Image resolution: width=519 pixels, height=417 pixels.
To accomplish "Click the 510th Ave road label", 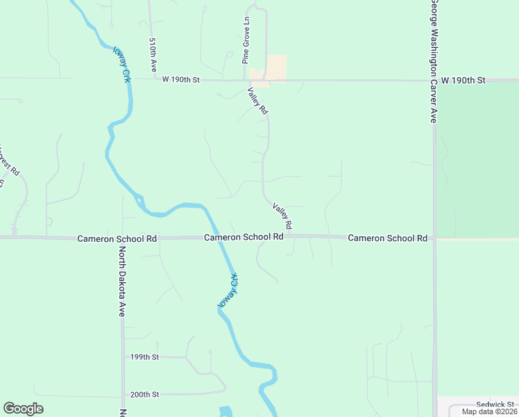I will [x=153, y=55].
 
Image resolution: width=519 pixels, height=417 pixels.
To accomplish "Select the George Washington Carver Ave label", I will [x=432, y=62].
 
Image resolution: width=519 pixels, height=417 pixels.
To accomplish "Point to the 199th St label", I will [x=144, y=357].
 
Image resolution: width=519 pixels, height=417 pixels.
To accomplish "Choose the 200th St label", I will [x=144, y=394].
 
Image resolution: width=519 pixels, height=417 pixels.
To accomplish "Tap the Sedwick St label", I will [x=495, y=404].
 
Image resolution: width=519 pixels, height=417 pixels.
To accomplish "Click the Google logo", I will [x=23, y=409].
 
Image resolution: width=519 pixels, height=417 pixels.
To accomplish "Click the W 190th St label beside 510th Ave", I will [x=180, y=81].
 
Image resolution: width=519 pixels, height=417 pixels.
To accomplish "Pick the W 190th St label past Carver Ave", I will [x=463, y=81].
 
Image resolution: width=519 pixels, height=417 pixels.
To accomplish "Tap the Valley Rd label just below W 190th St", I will [x=257, y=101].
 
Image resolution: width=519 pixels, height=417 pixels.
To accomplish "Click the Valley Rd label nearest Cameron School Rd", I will [x=282, y=216].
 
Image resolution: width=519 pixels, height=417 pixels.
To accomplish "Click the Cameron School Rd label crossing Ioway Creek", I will [x=244, y=237].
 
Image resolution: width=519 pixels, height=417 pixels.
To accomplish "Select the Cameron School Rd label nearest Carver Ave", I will [x=387, y=238].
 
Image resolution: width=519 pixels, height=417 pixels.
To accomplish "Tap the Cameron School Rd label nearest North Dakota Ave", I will [x=117, y=238].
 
